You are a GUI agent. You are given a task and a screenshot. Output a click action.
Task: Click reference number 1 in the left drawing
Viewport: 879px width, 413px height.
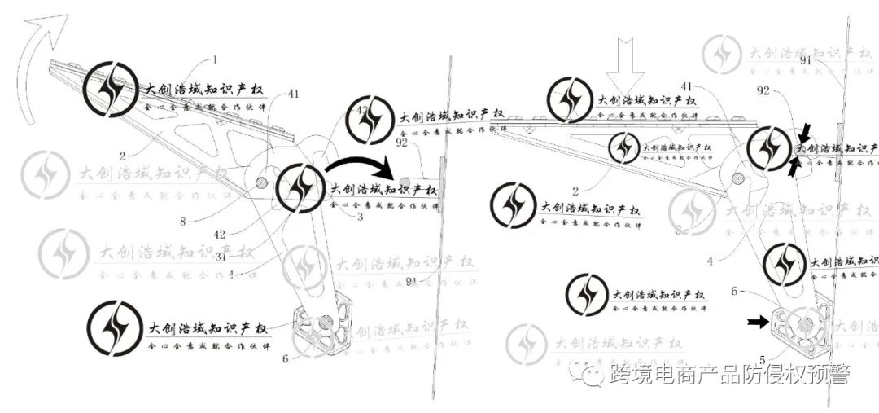[216, 59]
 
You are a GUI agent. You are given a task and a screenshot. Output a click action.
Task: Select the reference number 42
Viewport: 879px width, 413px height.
[219, 234]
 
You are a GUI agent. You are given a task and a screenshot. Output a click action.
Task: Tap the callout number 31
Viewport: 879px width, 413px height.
[220, 256]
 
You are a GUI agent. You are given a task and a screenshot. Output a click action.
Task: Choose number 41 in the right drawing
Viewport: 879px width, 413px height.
[687, 86]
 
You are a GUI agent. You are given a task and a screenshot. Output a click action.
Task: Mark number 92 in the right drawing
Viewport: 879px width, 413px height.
[763, 92]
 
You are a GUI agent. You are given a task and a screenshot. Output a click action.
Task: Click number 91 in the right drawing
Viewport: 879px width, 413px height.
[806, 60]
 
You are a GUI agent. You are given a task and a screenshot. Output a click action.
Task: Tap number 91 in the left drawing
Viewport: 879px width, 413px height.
[413, 282]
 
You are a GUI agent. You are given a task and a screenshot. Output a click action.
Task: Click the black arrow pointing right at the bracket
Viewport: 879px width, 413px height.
[758, 323]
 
